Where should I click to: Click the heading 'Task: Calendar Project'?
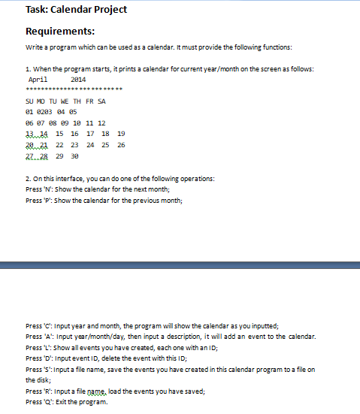coord(66,10)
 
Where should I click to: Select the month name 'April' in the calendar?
coord(38,79)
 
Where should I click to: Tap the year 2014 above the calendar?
coord(77,79)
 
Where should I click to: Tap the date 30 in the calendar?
coord(74,156)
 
